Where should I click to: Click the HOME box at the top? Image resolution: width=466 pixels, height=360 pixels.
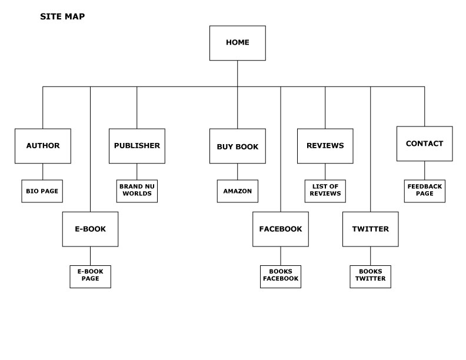237,43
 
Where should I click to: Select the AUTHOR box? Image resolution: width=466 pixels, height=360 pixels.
42,146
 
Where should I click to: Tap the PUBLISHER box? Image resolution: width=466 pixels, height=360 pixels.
137,146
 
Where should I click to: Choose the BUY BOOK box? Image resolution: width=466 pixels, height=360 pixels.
237,146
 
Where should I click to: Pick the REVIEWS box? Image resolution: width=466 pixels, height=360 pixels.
325,146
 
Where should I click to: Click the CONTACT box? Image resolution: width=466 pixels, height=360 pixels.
424,144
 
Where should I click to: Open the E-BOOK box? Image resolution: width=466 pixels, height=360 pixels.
90,229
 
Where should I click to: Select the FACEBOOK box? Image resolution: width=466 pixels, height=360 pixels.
281,229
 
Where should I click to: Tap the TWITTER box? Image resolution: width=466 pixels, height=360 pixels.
370,229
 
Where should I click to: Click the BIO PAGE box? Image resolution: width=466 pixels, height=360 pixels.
42,191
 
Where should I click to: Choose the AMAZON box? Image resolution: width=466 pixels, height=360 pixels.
237,191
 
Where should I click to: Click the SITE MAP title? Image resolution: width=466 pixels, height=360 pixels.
62,16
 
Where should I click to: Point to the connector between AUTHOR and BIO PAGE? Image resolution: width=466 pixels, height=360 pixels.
42,171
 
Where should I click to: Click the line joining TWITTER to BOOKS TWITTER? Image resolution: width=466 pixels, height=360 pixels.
370,256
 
